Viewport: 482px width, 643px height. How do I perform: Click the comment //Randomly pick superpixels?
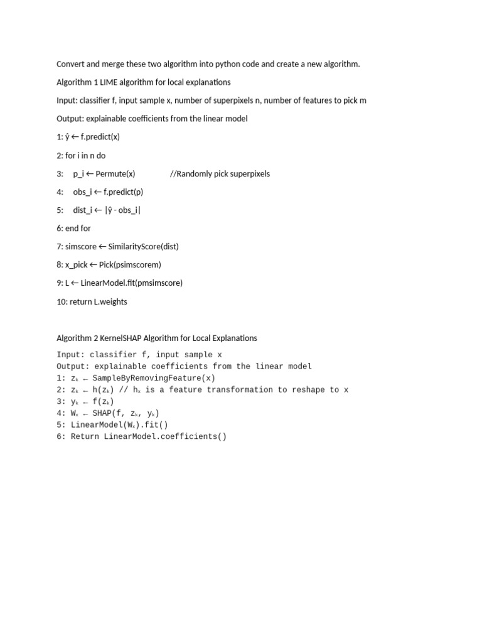[x=220, y=174]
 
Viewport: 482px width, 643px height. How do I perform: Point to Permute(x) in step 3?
[x=115, y=174]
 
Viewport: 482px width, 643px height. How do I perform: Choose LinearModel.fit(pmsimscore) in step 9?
[x=132, y=283]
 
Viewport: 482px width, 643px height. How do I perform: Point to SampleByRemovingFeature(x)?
[x=154, y=378]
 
